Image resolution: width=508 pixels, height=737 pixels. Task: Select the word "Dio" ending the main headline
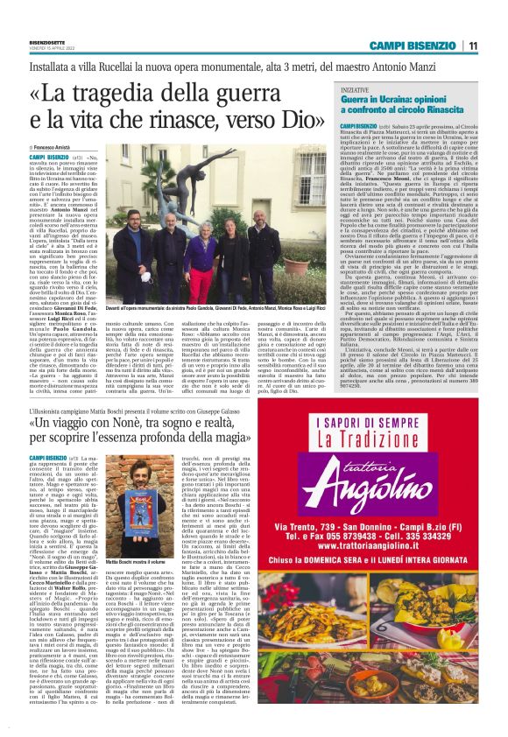point(295,121)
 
